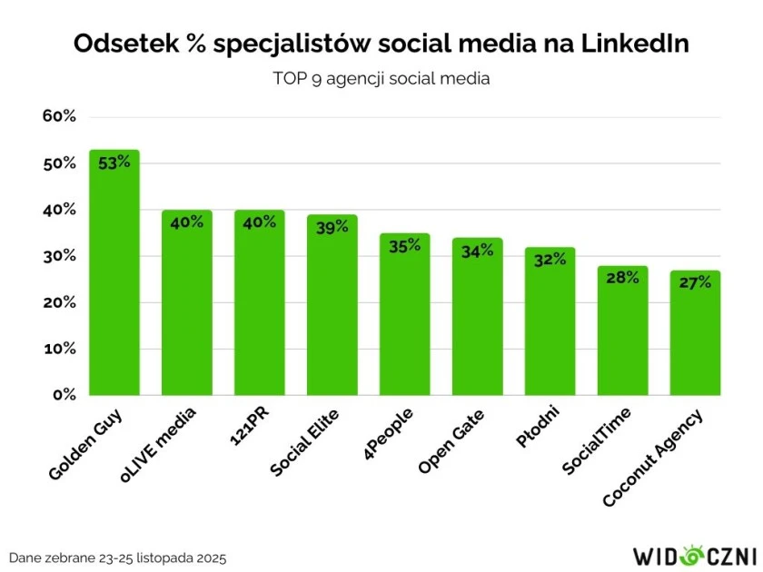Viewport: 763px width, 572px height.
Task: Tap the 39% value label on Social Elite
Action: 332,227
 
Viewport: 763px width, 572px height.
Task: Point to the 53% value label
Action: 114,162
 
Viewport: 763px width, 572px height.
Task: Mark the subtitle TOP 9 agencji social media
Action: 381,79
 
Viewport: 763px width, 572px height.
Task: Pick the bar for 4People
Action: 405,318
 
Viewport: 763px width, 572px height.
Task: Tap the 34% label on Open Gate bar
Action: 478,251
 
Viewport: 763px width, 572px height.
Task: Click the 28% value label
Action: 622,278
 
